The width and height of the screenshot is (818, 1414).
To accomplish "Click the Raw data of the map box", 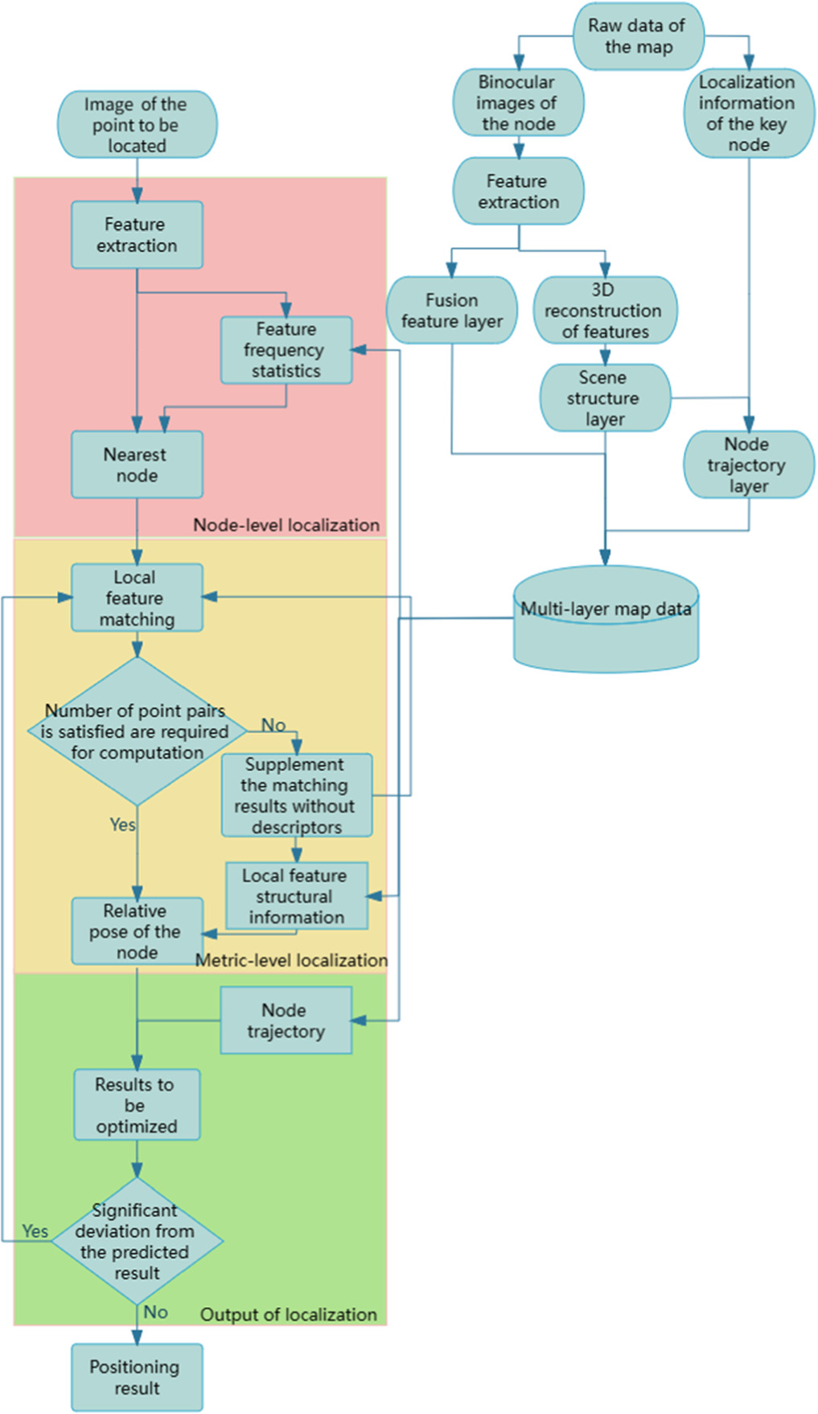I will [638, 36].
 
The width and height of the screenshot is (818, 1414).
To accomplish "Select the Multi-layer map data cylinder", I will [606, 620].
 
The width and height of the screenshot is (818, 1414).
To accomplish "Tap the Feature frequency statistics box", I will [286, 350].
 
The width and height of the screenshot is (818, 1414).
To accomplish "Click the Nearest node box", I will [137, 464].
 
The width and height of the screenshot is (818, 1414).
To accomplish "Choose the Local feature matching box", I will [137, 598].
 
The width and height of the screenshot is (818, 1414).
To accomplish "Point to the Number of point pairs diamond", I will [138, 732].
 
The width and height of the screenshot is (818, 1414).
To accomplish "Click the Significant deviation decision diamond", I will [137, 1241].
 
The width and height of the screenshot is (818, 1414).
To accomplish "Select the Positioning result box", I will [137, 1377].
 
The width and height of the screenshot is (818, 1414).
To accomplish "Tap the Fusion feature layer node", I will [452, 311].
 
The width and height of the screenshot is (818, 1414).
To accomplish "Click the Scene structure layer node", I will [605, 398].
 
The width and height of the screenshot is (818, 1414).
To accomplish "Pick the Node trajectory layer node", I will [748, 465].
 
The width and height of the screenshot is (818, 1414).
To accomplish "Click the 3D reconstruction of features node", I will [605, 311].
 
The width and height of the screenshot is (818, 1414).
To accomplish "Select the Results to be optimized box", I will [137, 1105].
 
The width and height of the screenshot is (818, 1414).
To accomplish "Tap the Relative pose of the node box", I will [137, 931].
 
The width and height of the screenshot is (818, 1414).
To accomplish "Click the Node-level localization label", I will [286, 525].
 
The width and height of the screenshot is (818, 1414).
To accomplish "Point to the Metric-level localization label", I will [291, 960].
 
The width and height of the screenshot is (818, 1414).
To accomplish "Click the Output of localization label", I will [288, 1314].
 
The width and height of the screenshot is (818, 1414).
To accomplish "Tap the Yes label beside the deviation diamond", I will [35, 1231].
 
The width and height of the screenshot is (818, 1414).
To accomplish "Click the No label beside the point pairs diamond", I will [273, 725].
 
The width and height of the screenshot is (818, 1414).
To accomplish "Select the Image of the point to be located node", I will [137, 125].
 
